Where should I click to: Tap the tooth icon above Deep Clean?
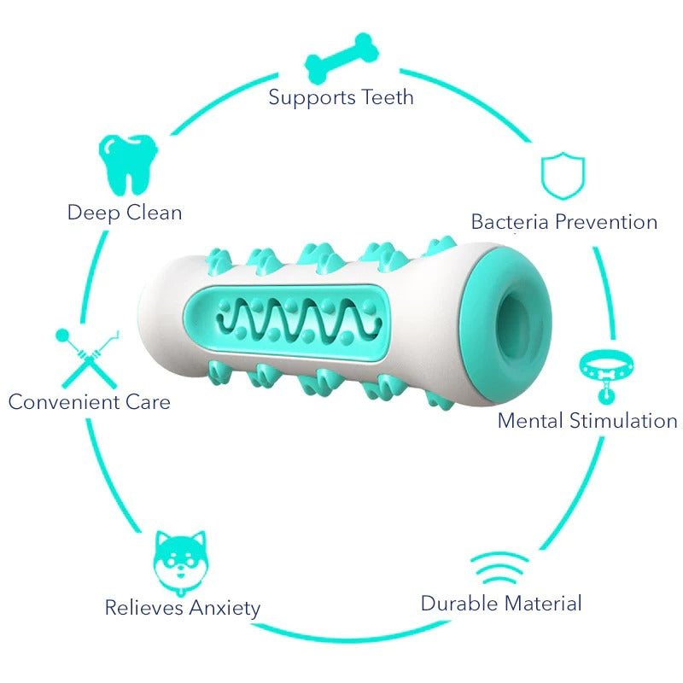tap(128, 164)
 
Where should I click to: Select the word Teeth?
tap(387, 96)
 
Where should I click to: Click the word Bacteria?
tap(510, 222)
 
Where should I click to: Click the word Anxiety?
tap(224, 609)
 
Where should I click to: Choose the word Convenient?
tap(61, 401)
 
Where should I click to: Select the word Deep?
tap(93, 213)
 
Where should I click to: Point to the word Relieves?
tap(143, 608)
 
